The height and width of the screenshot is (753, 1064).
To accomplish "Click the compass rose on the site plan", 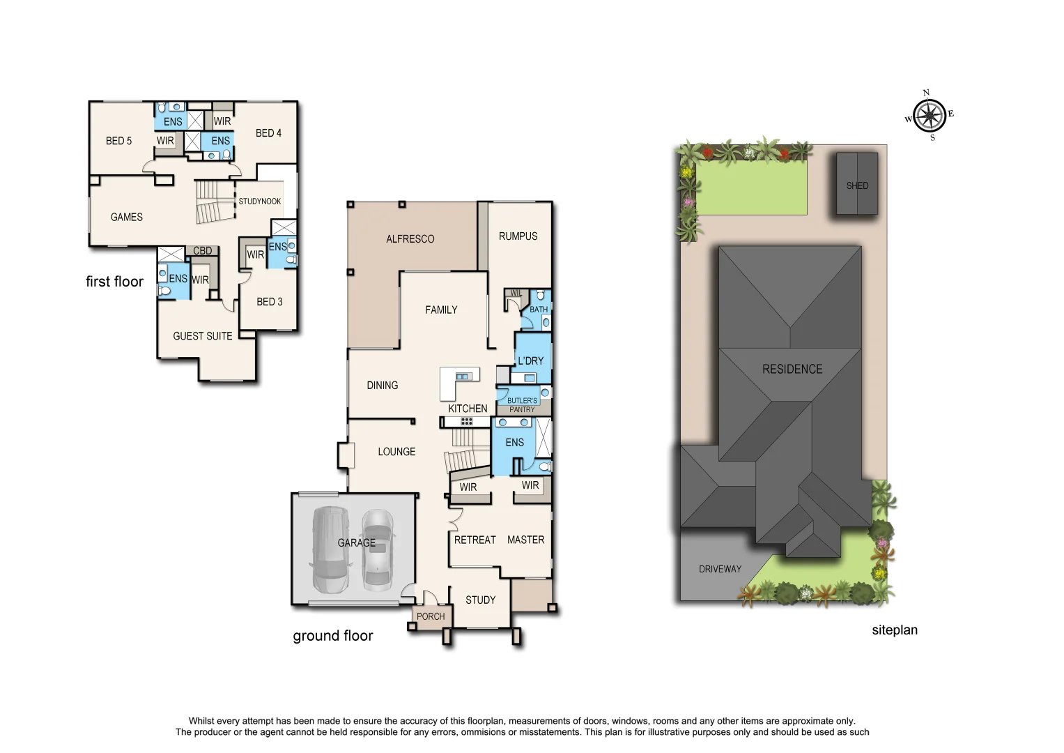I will pyautogui.click(x=930, y=115).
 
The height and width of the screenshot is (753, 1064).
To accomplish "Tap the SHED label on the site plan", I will pyautogui.click(x=857, y=185).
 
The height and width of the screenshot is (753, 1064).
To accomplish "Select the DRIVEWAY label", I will pyautogui.click(x=720, y=569).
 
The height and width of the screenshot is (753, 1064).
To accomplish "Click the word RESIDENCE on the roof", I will pyautogui.click(x=792, y=369).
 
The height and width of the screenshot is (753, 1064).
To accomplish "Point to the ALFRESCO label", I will pyautogui.click(x=410, y=238).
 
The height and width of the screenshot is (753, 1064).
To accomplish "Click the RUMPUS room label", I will pyautogui.click(x=518, y=236).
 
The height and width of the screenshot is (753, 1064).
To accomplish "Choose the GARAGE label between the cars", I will pyautogui.click(x=356, y=542).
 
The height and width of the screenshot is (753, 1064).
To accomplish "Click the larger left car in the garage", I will pyautogui.click(x=330, y=550).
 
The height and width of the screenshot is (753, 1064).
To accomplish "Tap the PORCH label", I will pyautogui.click(x=431, y=616).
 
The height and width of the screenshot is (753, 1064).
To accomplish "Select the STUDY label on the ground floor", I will pyautogui.click(x=480, y=600).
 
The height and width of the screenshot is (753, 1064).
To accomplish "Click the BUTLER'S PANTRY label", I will pyautogui.click(x=522, y=405).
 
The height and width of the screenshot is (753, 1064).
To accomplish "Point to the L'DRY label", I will pyautogui.click(x=530, y=360).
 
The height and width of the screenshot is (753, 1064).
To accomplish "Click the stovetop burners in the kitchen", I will pyautogui.click(x=466, y=421).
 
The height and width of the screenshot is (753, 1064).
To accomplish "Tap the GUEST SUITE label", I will pyautogui.click(x=202, y=336).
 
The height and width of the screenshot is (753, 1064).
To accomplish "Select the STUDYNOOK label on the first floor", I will pyautogui.click(x=259, y=201).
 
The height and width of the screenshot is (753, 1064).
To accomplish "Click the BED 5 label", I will pyautogui.click(x=118, y=141).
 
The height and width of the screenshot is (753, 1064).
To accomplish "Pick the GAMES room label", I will pyautogui.click(x=126, y=217).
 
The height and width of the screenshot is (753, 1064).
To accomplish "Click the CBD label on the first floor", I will pyautogui.click(x=202, y=251).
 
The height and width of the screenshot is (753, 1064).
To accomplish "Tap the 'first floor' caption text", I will pyautogui.click(x=114, y=282).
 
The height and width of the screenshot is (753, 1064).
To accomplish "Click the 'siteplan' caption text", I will pyautogui.click(x=894, y=630).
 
